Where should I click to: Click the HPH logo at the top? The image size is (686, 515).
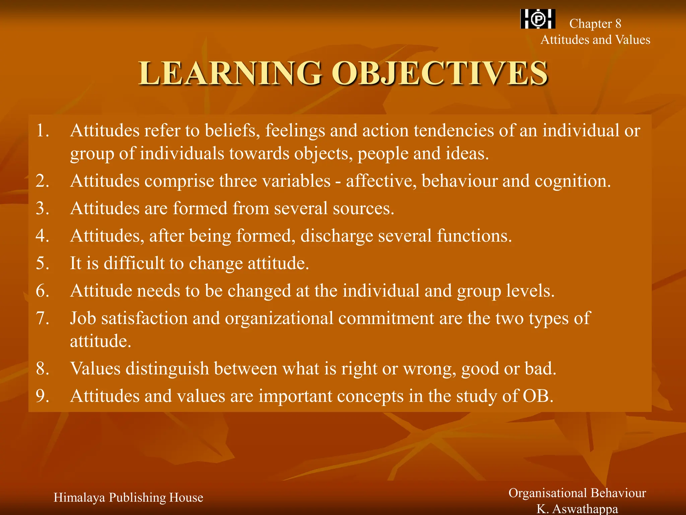click(x=538, y=19)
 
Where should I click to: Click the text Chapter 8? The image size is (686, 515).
click(x=595, y=24)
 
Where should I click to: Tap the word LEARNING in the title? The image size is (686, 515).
click(x=230, y=73)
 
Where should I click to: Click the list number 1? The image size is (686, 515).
click(x=43, y=130)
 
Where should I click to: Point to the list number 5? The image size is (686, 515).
click(x=43, y=263)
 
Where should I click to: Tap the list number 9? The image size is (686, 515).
click(x=43, y=396)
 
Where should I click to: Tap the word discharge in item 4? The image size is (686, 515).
click(x=337, y=236)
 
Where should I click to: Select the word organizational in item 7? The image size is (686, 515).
click(x=279, y=318)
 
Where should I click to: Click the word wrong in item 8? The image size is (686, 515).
click(x=429, y=368)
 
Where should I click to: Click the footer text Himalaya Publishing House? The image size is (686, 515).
click(x=128, y=497)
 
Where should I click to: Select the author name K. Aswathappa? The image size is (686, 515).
click(x=577, y=509)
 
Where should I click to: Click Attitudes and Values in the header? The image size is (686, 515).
click(x=595, y=40)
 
